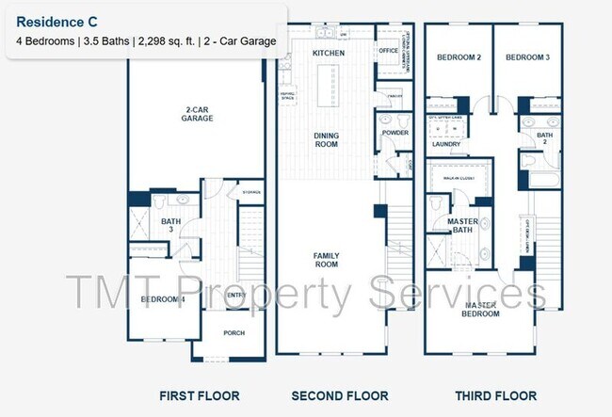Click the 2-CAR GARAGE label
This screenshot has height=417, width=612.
pos(197,114)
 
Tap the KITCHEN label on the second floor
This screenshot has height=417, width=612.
pos(328,54)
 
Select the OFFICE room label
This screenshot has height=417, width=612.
pos(388,51)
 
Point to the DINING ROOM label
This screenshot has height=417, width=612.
pos(326,141)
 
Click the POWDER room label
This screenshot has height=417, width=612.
pos(395,134)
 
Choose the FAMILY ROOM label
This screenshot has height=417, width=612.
pos(326,260)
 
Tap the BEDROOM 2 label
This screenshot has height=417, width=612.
pos(459,58)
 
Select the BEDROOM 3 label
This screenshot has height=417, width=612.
pos(527,58)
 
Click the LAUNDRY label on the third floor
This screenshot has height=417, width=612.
pos(446,144)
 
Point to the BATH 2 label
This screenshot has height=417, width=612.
pos(544,140)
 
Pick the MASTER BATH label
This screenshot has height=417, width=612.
pos(462,226)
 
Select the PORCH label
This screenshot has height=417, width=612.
pos(234,332)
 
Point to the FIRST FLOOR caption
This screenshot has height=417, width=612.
pos(199,396)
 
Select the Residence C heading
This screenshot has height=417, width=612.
pos(56,21)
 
